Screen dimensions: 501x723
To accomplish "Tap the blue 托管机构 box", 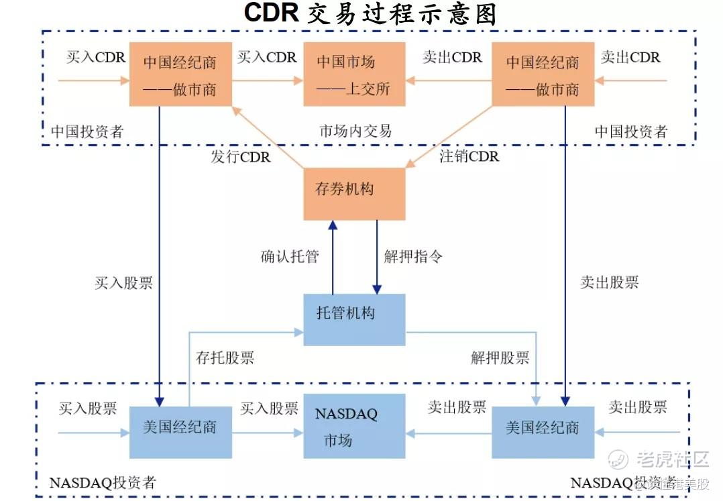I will click(x=354, y=319).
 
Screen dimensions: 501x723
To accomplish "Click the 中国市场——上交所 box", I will click(x=354, y=74).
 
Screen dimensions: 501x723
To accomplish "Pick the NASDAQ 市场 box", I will click(x=354, y=426).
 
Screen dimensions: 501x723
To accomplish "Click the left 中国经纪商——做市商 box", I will click(x=180, y=74).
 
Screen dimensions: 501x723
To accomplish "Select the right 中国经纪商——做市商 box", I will click(x=543, y=74).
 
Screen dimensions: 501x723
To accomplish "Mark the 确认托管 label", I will click(x=290, y=256).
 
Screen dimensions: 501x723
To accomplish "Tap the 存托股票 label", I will click(x=225, y=357).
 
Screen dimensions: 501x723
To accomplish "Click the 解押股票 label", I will click(x=500, y=357).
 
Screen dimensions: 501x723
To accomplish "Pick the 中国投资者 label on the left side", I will click(x=88, y=131).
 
